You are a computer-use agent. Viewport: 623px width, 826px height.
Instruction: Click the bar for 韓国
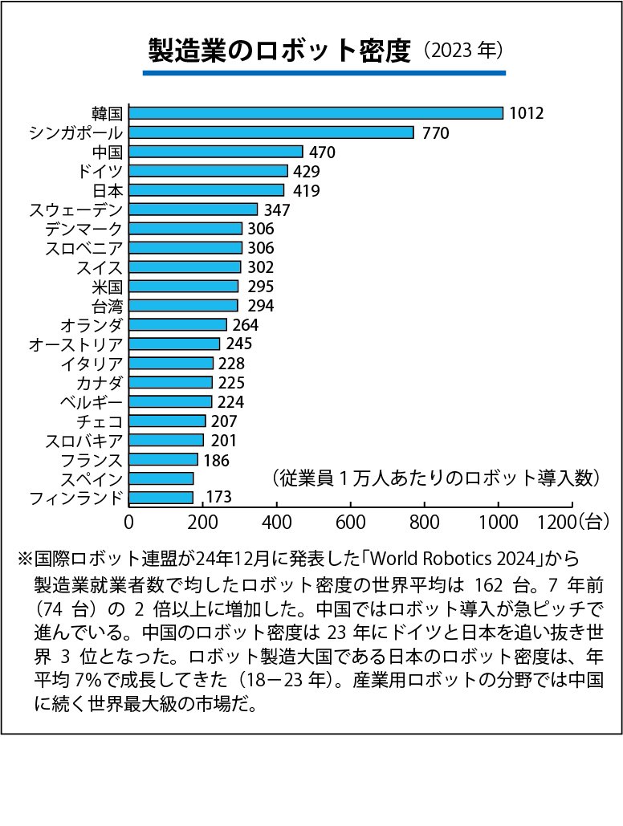tap(316, 113)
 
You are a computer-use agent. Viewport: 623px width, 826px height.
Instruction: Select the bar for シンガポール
tap(271, 132)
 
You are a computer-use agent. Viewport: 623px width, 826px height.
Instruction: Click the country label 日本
tap(108, 190)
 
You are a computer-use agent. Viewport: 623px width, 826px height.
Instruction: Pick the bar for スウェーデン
tap(193, 210)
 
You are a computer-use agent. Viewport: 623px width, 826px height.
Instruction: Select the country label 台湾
tap(108, 306)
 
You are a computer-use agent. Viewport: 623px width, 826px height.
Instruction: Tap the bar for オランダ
tap(178, 325)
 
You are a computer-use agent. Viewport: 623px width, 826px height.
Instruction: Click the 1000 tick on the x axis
tap(499, 521)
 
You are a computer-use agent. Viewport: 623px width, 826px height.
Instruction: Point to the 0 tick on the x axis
tap(129, 521)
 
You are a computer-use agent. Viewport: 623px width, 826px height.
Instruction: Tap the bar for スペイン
tap(161, 479)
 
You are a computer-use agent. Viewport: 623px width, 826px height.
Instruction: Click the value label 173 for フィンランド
tap(218, 498)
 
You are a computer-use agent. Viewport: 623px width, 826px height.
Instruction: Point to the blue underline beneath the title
tap(324, 73)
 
